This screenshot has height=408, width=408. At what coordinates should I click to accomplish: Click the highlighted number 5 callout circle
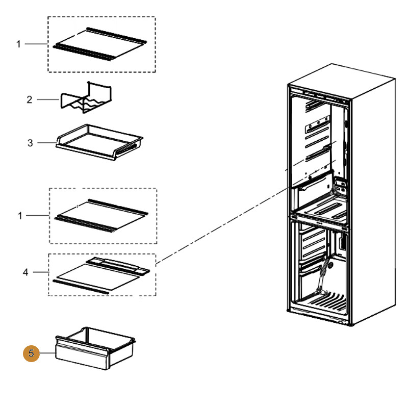tap(32, 353)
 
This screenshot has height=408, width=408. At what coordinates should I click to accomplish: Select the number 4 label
tap(25, 272)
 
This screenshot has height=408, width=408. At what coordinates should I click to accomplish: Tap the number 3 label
tap(30, 143)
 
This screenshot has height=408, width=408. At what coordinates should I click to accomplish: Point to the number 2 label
tap(29, 99)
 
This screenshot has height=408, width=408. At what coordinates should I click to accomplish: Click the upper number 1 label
tap(19, 44)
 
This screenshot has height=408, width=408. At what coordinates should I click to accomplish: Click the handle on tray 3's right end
tap(130, 148)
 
